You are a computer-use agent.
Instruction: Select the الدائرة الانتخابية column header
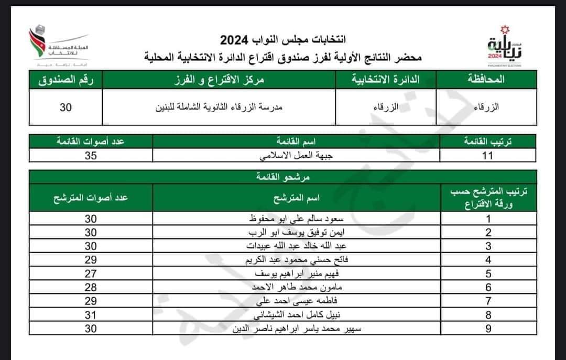pyautogui.click(x=386, y=81)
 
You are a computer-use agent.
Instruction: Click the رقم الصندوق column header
pyautogui.click(x=66, y=81)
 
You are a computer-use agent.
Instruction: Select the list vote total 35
pyautogui.click(x=91, y=156)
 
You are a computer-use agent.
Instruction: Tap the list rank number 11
pyautogui.click(x=488, y=156)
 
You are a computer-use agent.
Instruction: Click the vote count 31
pyautogui.click(x=91, y=315)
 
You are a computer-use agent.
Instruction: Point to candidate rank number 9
pyautogui.click(x=488, y=329)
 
